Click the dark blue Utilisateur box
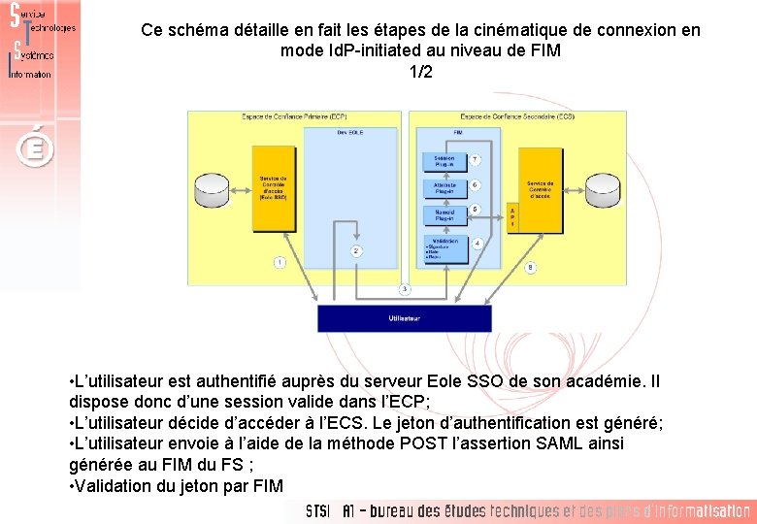(405, 318)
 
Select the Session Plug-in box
(444, 161)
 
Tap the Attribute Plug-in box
(444, 187)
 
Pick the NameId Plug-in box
(444, 215)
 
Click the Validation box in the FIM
(444, 248)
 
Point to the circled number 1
(280, 262)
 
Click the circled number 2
(356, 250)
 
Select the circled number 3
(405, 288)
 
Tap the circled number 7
(476, 160)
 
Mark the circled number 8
(530, 267)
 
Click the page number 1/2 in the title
(420, 72)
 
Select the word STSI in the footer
(317, 511)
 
